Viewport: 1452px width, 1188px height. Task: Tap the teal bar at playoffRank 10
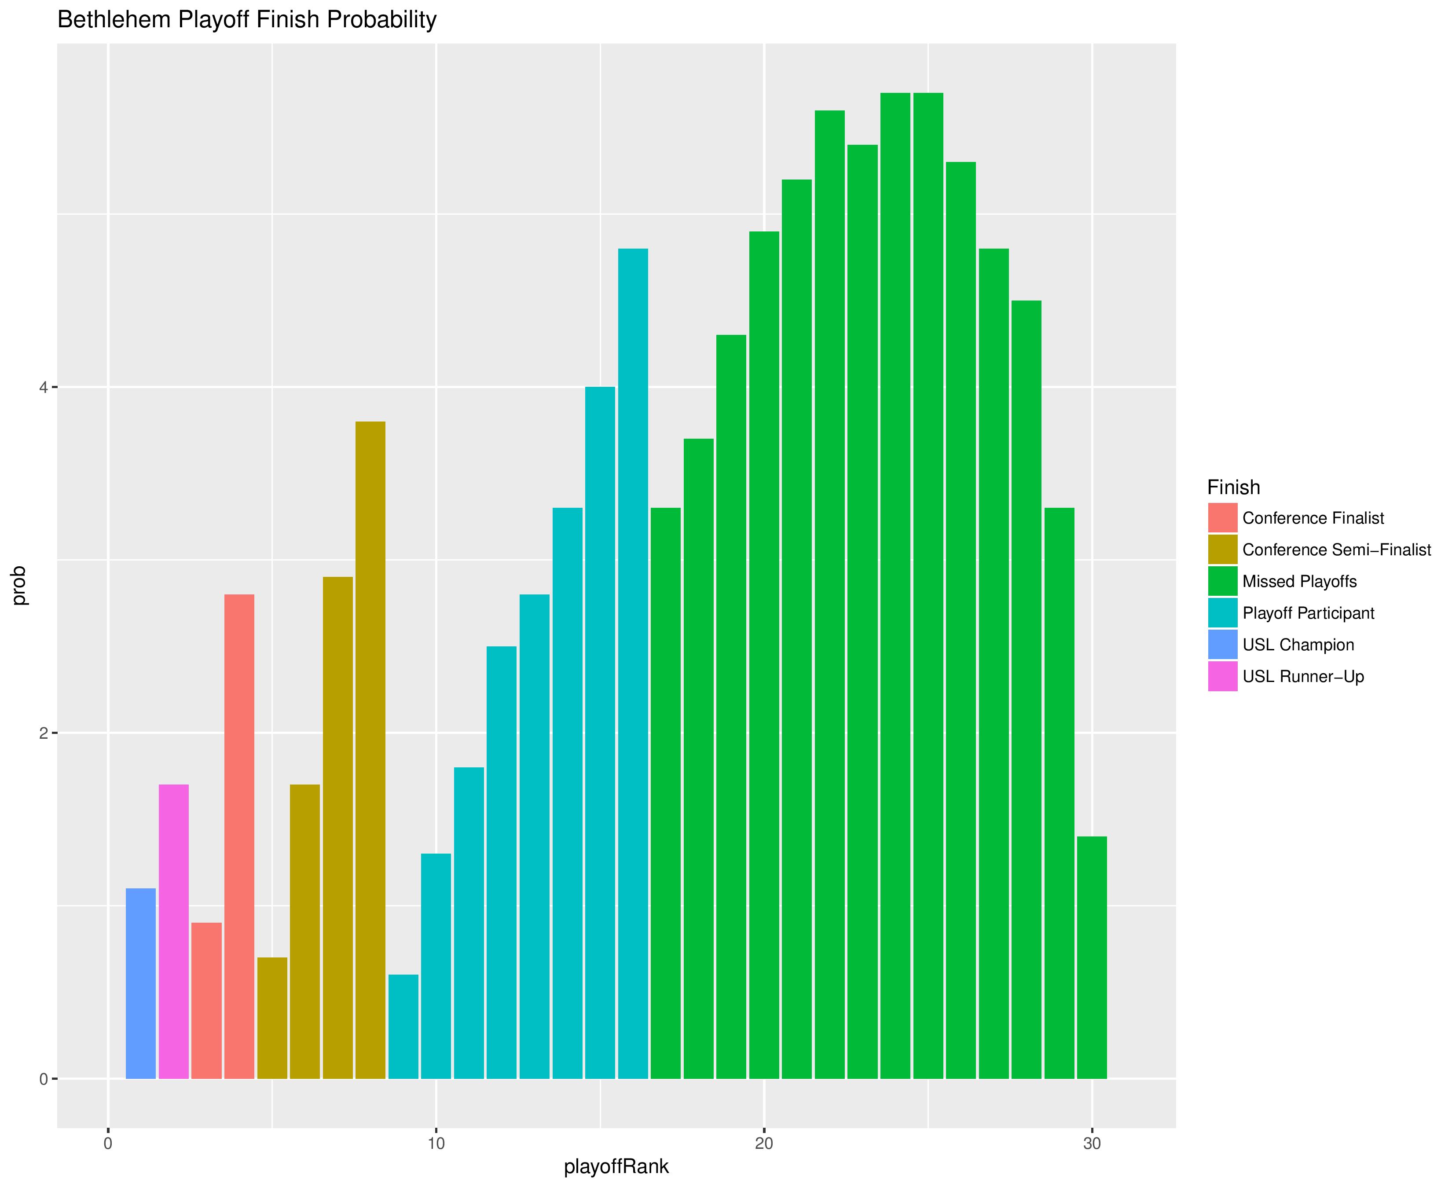436,966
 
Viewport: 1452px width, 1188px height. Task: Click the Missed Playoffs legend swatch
1223,581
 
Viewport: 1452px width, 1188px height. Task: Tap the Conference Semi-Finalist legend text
1336,550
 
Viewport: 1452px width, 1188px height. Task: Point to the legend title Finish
1233,487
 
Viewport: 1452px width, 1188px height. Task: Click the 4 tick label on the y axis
43,387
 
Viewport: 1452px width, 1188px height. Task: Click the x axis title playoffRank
616,1167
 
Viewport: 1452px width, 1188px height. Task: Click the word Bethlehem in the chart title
115,20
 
